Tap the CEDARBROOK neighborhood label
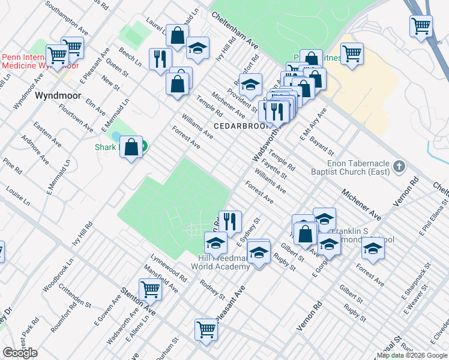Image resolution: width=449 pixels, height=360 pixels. (237, 126)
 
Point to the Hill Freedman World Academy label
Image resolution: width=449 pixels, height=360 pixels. (219, 262)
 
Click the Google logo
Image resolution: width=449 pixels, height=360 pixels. (20, 353)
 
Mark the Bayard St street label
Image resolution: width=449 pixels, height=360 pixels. (322, 145)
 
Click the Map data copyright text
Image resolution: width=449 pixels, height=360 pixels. (412, 355)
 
